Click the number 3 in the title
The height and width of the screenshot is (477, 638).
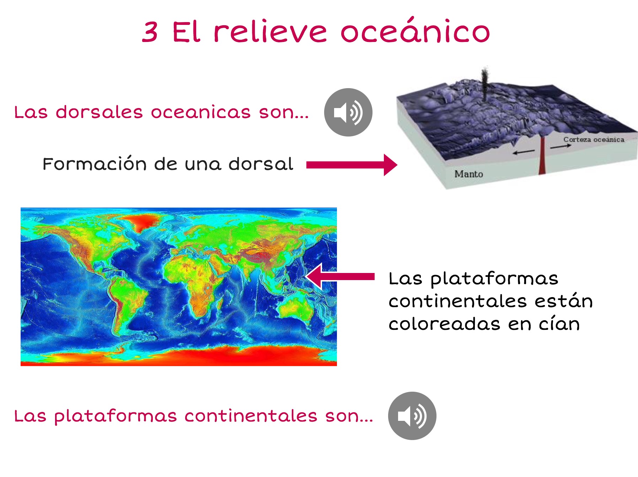coord(150,32)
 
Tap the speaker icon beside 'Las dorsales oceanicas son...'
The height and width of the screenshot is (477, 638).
coord(348,112)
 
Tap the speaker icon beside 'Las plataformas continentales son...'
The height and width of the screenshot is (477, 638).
coord(412,416)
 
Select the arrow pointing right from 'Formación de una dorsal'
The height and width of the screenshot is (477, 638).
coord(352,165)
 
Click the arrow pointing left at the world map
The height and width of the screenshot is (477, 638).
coord(340,277)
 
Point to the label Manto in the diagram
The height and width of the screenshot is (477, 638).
coord(468,174)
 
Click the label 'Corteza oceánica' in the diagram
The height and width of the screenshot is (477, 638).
coord(594,139)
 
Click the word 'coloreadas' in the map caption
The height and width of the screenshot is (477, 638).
coord(444,323)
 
